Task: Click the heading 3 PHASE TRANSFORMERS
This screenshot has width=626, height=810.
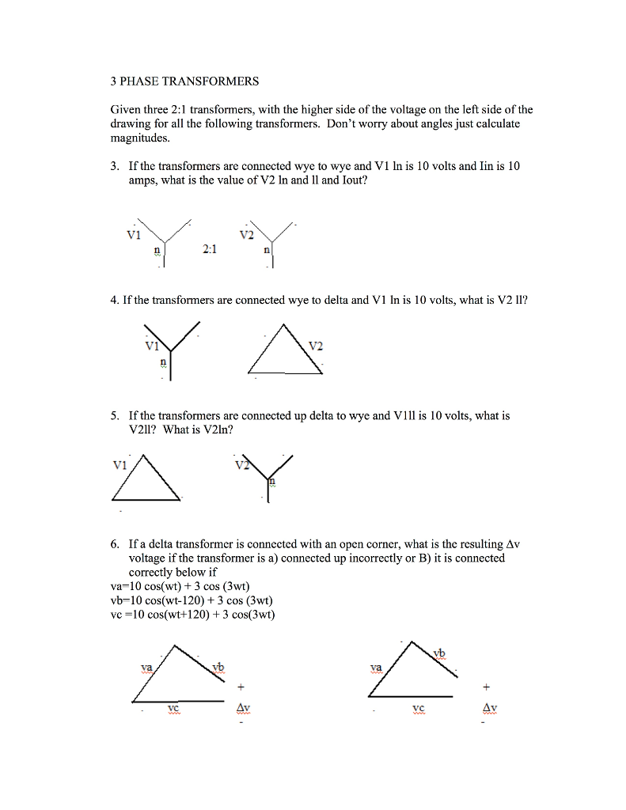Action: coord(184,81)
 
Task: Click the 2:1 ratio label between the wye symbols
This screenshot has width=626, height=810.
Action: coord(210,248)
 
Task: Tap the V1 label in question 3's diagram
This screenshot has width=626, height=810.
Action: coord(133,235)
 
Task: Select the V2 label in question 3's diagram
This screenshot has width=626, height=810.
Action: coord(246,235)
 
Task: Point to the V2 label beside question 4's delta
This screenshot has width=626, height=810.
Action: coord(316,346)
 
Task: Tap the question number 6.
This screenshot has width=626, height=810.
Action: coord(115,544)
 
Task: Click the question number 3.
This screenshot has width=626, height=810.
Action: coord(115,166)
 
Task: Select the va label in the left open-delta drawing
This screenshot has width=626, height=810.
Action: coord(146,667)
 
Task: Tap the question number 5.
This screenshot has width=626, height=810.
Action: coord(115,415)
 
